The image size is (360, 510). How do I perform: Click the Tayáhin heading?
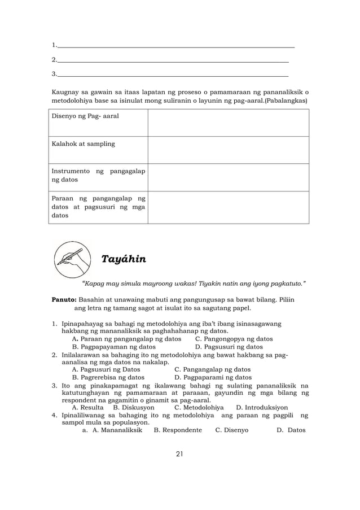[123, 259]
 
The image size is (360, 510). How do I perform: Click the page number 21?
[179, 453]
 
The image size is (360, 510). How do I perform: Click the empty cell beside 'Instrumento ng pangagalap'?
[228, 177]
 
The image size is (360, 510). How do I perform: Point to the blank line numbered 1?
[175, 45]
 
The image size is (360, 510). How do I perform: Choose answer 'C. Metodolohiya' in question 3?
[199, 407]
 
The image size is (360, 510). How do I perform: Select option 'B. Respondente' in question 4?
[178, 430]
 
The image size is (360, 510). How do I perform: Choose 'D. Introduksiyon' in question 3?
[262, 407]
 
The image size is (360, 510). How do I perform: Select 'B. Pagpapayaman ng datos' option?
[113, 347]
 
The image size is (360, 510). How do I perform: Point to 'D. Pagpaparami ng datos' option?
[213, 377]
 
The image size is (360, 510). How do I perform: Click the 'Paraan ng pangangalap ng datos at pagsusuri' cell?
[98, 207]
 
